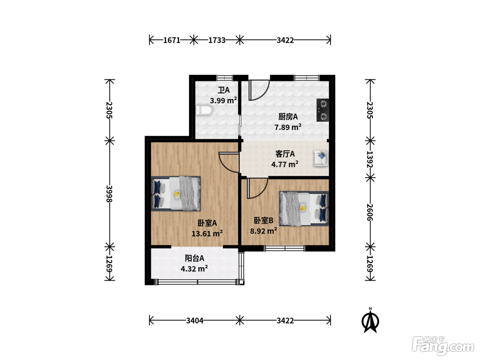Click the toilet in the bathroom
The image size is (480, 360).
pyautogui.click(x=204, y=110)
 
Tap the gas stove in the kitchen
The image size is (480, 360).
pyautogui.click(x=323, y=110)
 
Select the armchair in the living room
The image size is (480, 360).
pyautogui.click(x=321, y=158)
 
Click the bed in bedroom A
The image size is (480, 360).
pyautogui.click(x=176, y=194)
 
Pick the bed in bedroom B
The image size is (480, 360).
pyautogui.click(x=304, y=208)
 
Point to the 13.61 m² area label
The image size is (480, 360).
pyautogui.click(x=207, y=233)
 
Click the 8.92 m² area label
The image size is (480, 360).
pyautogui.click(x=264, y=231)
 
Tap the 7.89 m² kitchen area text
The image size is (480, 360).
pyautogui.click(x=288, y=127)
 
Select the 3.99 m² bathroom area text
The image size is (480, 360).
pyautogui.click(x=223, y=100)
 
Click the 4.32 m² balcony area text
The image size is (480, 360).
pyautogui.click(x=194, y=269)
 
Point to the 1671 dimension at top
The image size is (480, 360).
pyautogui.click(x=172, y=40)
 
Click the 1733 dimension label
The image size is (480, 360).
pyautogui.click(x=217, y=40)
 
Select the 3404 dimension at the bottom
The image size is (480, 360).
pyautogui.click(x=195, y=321)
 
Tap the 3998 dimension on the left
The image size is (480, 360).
pyautogui.click(x=109, y=194)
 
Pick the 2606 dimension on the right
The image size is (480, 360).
pyautogui.click(x=370, y=212)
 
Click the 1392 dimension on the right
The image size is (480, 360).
pyautogui.click(x=370, y=159)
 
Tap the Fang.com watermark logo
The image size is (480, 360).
pyautogui.click(x=443, y=346)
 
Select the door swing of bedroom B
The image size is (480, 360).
pyautogui.click(x=257, y=188)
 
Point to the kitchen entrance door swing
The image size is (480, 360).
pyautogui.click(x=259, y=90)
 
